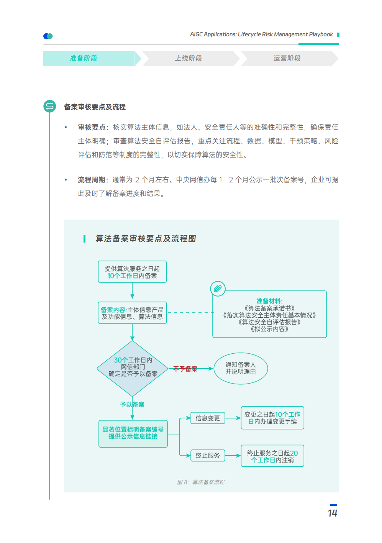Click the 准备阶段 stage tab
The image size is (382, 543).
point(84,59)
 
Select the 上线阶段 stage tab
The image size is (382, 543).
point(189,59)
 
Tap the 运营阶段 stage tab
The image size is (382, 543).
point(287,59)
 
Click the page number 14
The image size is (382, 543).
point(333,513)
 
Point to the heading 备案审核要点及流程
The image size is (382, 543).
point(95,107)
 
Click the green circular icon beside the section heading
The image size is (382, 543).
point(50,106)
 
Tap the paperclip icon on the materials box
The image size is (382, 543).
point(218,289)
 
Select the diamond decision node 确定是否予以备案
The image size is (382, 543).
point(133,368)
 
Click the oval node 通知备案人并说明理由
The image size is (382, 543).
point(241,368)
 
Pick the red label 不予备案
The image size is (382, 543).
point(185,369)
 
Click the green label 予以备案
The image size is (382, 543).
point(132,405)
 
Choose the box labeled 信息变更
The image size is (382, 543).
point(208,418)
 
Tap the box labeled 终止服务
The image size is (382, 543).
point(208,455)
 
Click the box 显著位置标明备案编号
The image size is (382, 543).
point(133,433)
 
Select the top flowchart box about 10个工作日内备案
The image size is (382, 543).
point(132,272)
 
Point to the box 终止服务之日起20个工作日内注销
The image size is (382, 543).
point(272,456)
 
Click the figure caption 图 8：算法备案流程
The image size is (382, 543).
point(201,482)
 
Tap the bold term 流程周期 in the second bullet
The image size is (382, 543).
point(92,180)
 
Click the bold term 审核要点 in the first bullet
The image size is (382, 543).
point(92,127)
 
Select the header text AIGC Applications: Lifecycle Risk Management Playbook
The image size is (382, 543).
point(261,34)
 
